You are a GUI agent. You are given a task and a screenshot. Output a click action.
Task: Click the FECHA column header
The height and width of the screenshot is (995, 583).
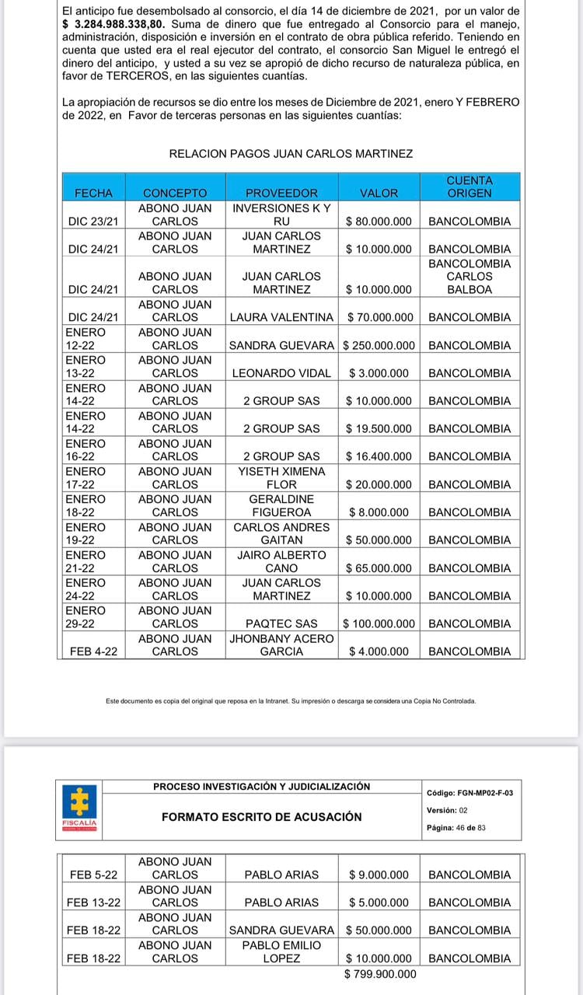click(93, 193)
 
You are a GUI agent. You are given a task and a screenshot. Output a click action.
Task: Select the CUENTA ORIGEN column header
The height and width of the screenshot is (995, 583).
click(470, 187)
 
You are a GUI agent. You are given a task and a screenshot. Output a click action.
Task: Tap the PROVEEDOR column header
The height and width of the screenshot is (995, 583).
click(281, 193)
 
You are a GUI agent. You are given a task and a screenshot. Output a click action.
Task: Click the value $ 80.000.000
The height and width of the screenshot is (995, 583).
click(379, 222)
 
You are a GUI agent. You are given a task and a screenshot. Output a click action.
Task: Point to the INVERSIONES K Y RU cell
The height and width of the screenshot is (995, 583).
click(281, 215)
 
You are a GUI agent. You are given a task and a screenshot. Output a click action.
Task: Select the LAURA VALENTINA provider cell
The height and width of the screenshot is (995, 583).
click(281, 317)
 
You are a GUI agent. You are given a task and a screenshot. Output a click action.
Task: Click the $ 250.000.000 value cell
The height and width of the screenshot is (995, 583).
click(379, 345)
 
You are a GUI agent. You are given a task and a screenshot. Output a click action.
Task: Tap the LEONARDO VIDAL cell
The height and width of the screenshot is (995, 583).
click(281, 373)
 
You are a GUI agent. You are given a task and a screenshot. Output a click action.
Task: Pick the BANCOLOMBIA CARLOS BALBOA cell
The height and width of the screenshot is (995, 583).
click(470, 276)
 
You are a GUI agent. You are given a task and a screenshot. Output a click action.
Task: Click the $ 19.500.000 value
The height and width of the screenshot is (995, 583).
click(379, 429)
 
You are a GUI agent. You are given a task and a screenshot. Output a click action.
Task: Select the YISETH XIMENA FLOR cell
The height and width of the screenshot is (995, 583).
click(281, 478)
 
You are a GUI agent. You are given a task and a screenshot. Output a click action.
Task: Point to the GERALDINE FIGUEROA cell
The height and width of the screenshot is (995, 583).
click(281, 505)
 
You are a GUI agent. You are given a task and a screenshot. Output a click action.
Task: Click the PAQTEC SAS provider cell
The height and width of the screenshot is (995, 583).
click(281, 623)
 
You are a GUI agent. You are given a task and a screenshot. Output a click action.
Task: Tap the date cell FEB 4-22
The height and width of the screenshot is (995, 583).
click(93, 651)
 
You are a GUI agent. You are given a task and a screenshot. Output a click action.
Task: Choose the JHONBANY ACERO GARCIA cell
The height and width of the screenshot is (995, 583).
click(281, 645)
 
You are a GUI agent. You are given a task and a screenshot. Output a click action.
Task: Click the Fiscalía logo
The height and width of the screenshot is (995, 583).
click(80, 808)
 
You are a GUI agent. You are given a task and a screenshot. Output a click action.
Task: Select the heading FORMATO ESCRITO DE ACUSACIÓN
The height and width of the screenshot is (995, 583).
click(262, 817)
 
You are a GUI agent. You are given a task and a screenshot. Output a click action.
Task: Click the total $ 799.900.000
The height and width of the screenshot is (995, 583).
click(380, 974)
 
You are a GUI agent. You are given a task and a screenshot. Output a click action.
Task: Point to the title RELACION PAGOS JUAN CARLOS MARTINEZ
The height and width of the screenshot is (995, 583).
click(291, 154)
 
